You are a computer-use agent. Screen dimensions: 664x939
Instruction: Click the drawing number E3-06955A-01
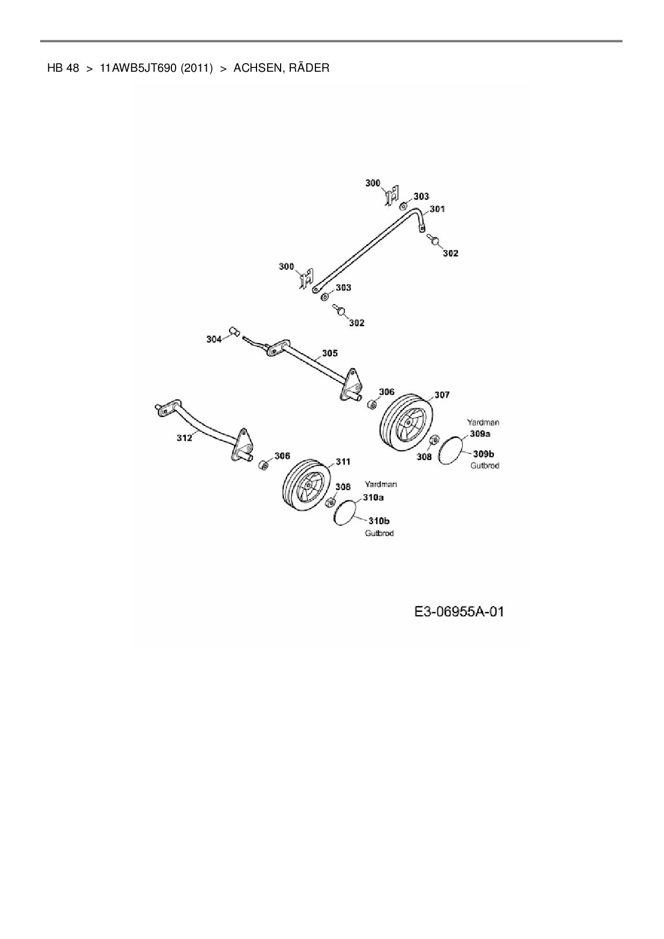[x=459, y=611]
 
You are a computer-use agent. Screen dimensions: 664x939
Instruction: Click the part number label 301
[x=437, y=209]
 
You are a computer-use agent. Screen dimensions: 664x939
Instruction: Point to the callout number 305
[x=330, y=353]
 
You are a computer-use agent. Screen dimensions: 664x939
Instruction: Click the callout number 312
[x=184, y=438]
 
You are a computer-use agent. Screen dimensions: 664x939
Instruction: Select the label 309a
[x=480, y=434]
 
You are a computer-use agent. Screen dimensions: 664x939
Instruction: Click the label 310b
[x=379, y=520]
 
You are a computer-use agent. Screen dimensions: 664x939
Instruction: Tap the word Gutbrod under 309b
[x=485, y=466]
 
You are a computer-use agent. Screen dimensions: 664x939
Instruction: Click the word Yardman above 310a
[x=381, y=484]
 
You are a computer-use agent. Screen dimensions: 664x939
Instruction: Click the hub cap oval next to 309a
[x=450, y=450]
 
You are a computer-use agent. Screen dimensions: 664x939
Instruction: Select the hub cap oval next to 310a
[x=345, y=513]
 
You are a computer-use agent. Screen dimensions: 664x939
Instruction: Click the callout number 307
[x=442, y=395]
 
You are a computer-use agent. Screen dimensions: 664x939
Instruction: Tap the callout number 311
[x=343, y=461]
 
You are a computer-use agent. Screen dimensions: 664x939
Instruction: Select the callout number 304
[x=214, y=339]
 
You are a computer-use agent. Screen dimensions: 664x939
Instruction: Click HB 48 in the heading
[x=63, y=68]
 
